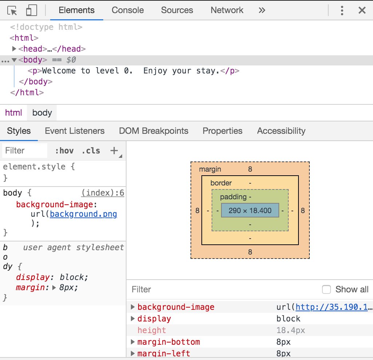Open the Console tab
(x=128, y=10)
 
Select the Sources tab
(x=177, y=10)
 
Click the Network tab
(x=227, y=10)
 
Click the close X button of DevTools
(x=362, y=10)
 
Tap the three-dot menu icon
(x=342, y=10)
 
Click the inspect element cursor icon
(x=12, y=11)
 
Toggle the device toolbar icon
(x=32, y=11)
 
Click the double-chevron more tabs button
(x=262, y=10)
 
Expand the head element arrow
(x=14, y=49)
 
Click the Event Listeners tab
(x=75, y=131)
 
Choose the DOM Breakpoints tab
(x=153, y=131)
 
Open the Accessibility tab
(x=281, y=131)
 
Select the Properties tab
(x=222, y=131)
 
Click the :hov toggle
(x=64, y=151)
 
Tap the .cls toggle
(x=91, y=151)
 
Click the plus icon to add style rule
(x=114, y=151)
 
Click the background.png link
(x=84, y=214)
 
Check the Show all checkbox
(x=326, y=289)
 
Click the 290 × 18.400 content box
(x=250, y=211)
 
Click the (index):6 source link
(x=103, y=193)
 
